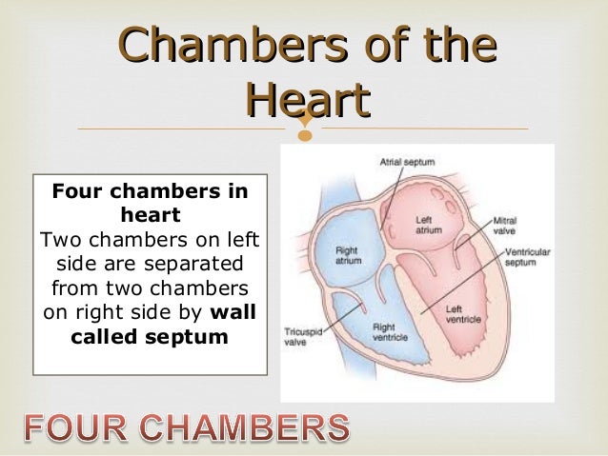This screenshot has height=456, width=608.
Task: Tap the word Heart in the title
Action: pos(307,100)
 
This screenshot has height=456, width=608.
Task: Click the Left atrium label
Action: pos(427,225)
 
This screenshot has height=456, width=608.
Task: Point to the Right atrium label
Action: pos(348,256)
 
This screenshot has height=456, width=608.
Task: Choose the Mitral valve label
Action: pos(505,226)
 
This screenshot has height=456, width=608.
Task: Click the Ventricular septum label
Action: pos(521,257)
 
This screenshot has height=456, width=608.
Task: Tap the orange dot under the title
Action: pos(305,136)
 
